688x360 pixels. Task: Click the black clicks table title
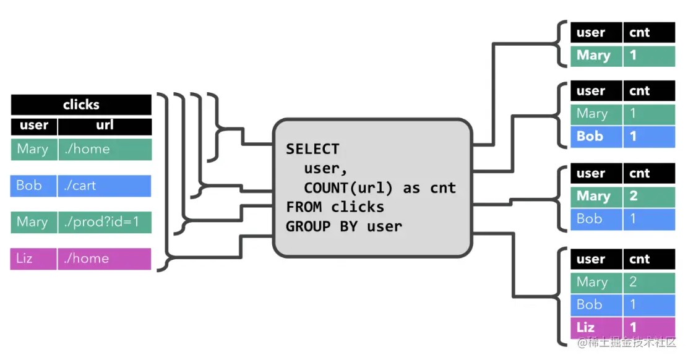pos(81,105)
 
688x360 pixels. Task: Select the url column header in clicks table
pos(105,126)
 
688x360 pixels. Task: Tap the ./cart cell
pos(104,186)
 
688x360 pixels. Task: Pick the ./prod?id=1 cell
pos(104,222)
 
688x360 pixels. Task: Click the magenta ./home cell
pos(104,259)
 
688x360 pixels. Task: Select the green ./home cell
pos(104,149)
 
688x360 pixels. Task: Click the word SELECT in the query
pos(312,149)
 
